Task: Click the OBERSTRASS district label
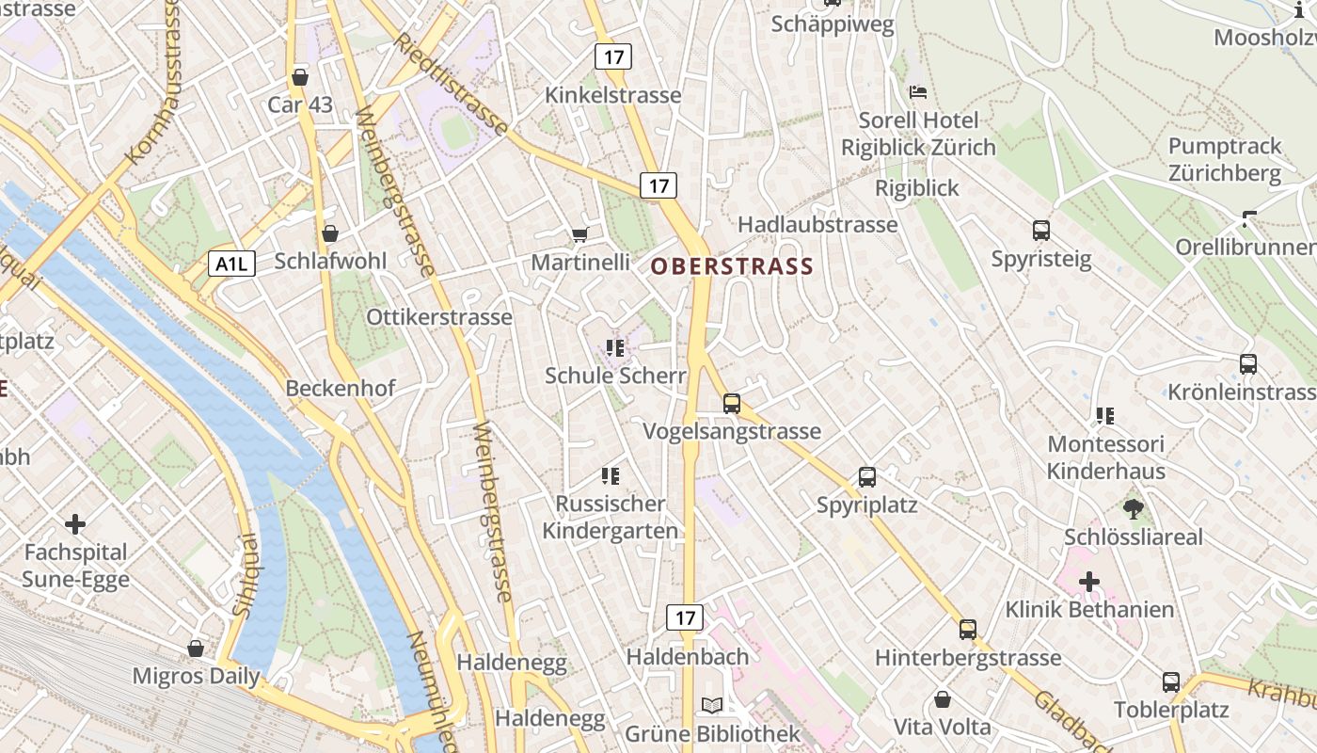point(732,266)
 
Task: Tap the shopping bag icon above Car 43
point(300,77)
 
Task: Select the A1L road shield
point(230,264)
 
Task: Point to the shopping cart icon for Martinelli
point(579,234)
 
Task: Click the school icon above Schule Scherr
point(615,348)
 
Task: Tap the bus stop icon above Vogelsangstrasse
point(732,404)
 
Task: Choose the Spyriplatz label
point(866,505)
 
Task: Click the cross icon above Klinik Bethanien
point(1088,582)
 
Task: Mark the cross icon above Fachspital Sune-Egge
point(75,523)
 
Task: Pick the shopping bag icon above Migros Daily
point(196,649)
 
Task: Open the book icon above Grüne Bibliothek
point(712,705)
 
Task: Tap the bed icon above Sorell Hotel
point(918,92)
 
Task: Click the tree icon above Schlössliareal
point(1133,509)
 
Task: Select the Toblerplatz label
point(1171,710)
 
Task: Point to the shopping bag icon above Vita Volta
point(942,699)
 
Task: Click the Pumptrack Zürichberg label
point(1225,160)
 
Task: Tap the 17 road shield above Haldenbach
point(684,617)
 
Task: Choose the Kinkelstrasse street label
point(613,96)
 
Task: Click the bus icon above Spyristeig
point(1040,231)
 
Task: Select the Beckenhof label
point(341,388)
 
